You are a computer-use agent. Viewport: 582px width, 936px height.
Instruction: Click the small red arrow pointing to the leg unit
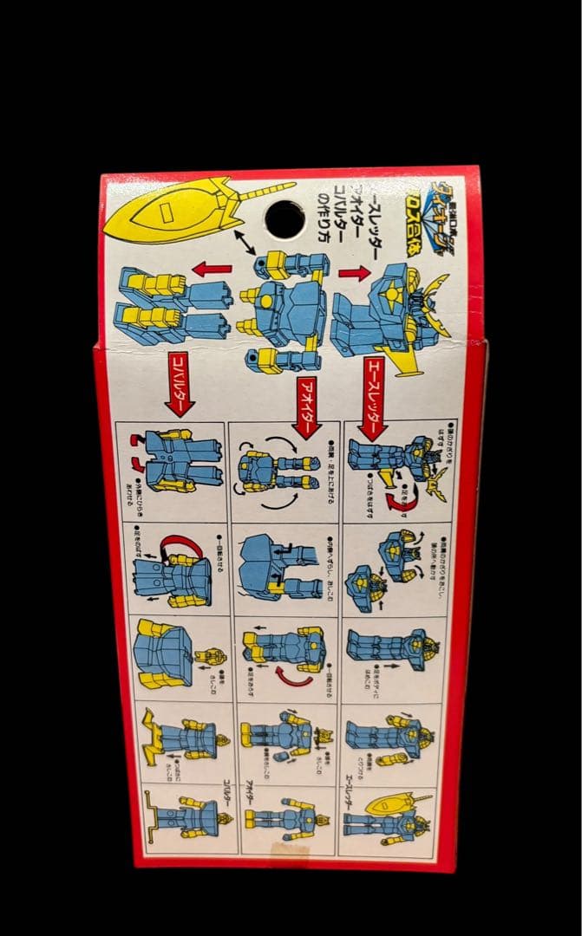[x=213, y=270]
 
